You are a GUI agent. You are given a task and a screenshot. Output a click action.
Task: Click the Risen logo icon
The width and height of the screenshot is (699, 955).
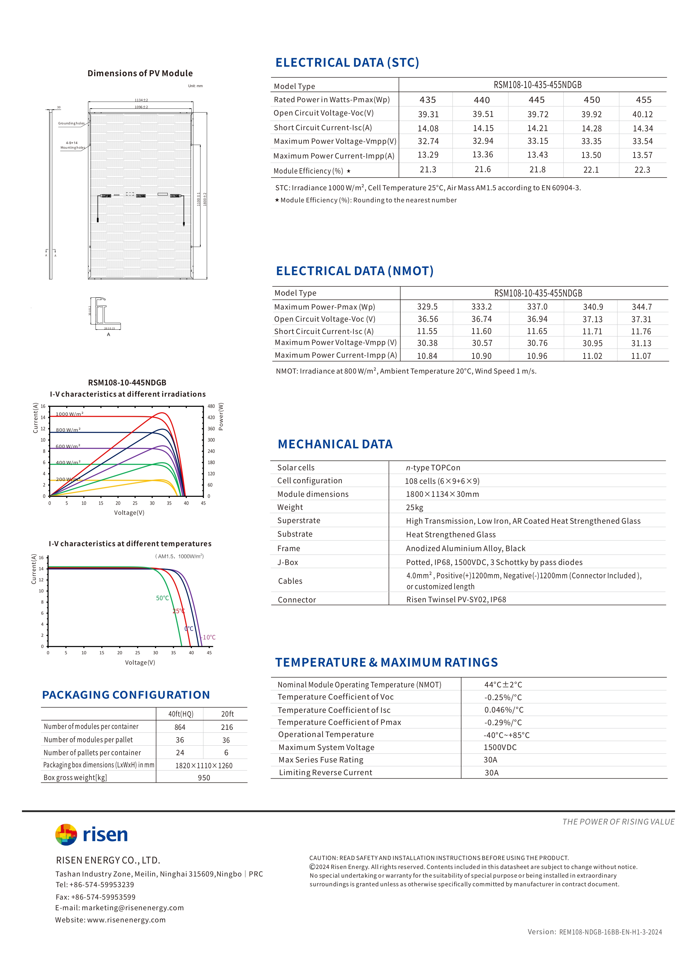66,834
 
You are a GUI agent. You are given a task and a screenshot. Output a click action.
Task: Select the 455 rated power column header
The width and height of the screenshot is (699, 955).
644,100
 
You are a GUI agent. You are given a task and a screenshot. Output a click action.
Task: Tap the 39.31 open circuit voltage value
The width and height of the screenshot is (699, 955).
428,114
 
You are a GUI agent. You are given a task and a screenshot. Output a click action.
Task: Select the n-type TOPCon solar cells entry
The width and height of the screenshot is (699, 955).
433,468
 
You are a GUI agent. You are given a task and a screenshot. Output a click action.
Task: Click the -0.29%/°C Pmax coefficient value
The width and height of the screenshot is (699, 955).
503,722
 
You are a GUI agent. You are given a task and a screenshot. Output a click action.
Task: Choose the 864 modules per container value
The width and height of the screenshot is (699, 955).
180,727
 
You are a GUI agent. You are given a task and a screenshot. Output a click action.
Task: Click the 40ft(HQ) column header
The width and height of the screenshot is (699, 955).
181,714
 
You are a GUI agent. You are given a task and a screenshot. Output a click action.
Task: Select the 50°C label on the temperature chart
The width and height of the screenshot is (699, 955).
162,598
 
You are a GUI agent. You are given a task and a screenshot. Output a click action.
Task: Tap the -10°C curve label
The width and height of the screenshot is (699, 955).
208,637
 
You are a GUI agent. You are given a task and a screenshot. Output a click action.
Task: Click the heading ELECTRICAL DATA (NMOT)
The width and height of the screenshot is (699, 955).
355,271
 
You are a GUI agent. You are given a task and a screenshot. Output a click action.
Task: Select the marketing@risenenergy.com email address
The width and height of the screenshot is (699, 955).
132,908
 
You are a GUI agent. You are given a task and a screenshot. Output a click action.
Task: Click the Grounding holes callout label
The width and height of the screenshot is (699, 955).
72,123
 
